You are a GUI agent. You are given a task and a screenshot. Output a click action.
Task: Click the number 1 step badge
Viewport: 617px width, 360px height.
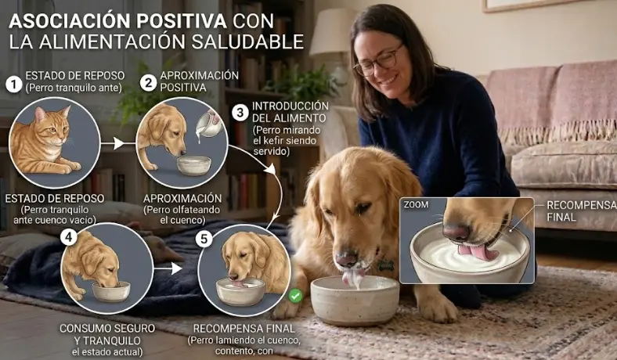tap(13, 84)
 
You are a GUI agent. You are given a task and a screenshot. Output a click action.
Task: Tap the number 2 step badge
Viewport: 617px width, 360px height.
tap(148, 82)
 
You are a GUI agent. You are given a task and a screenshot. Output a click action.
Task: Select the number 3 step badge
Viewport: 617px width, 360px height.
tap(240, 112)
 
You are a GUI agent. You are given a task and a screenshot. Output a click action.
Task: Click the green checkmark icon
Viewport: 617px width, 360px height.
tap(295, 297)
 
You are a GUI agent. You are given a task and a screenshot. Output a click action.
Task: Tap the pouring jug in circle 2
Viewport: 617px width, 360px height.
tap(207, 124)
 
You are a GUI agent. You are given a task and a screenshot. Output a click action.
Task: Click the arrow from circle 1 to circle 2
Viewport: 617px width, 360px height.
tap(114, 143)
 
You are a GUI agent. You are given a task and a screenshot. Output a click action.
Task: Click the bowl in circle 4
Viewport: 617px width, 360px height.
tap(111, 290)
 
